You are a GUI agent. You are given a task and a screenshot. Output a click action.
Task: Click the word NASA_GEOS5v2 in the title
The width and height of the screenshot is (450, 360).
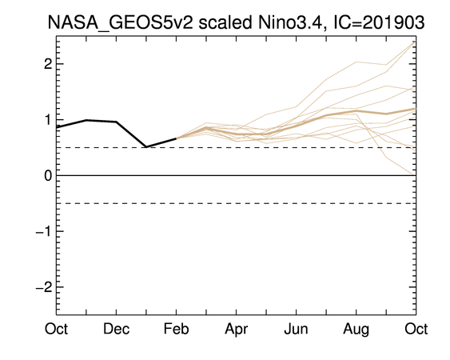pos(120,22)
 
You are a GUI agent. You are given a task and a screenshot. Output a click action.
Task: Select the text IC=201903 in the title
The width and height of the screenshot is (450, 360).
pos(379,22)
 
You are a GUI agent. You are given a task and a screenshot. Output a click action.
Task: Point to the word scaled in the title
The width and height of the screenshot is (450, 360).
pos(225,22)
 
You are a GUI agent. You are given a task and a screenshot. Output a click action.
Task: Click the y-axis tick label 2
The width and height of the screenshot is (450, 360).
pos(48,64)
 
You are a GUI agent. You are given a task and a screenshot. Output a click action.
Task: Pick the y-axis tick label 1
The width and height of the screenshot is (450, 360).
pos(49,120)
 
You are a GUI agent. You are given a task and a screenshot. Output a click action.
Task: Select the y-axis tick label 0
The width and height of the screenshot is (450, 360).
pos(48,175)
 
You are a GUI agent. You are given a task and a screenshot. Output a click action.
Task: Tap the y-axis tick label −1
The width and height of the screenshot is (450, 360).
pos(44,231)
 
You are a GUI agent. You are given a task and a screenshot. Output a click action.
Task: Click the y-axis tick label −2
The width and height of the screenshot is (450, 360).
pos(44,287)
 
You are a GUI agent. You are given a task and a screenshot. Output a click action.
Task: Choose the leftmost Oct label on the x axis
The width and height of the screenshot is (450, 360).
pos(56,329)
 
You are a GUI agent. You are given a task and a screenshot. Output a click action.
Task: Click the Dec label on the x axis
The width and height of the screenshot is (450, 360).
pos(116,329)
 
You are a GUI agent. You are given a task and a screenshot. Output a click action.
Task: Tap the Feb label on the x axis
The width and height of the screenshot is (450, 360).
pos(176,329)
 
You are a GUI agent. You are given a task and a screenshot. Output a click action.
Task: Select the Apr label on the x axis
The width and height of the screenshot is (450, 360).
pos(237,330)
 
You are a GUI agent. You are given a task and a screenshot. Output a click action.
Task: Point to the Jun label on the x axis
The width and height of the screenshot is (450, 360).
pos(297,329)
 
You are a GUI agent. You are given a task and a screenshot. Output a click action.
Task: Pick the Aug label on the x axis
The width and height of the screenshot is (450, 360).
pos(356,330)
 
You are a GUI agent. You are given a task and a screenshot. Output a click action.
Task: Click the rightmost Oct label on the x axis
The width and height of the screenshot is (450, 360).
pos(416,329)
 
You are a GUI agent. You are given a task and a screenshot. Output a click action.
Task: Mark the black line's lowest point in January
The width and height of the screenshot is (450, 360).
pos(146,147)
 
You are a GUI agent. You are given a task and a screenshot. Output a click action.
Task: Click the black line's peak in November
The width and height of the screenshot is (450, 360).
pos(86,120)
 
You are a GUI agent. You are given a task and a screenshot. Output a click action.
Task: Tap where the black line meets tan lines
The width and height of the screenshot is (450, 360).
pos(176,138)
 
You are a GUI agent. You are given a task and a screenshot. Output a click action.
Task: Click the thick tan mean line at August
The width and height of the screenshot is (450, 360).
pos(356,111)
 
